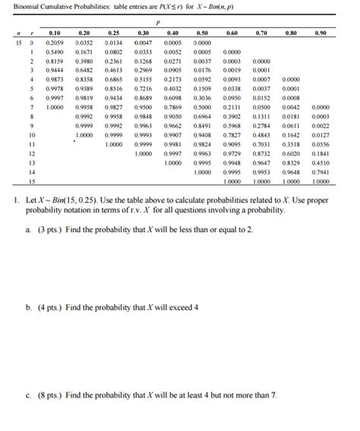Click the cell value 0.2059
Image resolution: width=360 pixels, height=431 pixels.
(x=54, y=43)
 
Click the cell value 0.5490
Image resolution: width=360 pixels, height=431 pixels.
(x=54, y=51)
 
